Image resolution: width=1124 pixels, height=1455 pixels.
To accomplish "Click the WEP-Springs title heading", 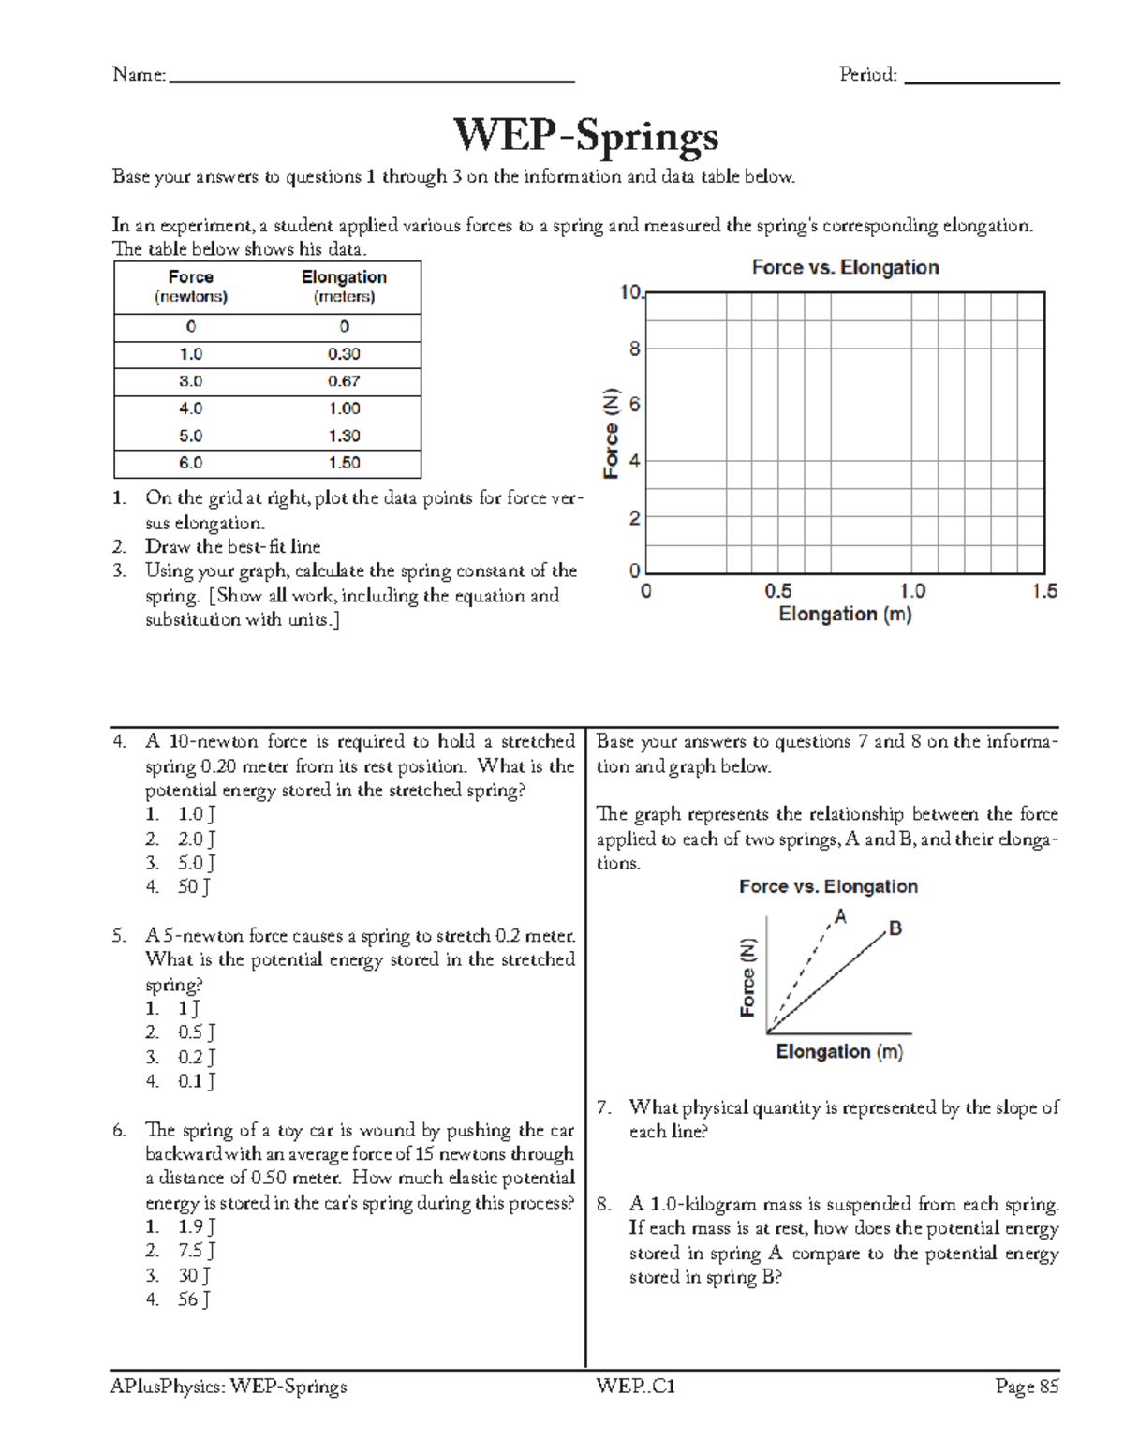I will [585, 136].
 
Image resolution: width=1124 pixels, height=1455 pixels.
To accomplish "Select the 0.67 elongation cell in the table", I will [344, 381].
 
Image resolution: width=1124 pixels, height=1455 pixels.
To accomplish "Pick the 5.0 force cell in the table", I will [191, 436].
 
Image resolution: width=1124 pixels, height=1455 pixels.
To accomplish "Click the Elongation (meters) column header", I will [344, 287].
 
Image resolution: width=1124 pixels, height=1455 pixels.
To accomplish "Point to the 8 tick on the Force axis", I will [634, 349].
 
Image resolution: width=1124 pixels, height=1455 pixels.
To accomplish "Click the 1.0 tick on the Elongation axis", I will [911, 591].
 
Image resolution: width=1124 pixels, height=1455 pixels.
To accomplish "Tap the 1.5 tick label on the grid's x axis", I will [1043, 591].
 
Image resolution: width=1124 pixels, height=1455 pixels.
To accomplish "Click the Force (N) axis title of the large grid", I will [612, 433].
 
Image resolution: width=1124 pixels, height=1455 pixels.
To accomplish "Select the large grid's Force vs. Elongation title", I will [845, 268].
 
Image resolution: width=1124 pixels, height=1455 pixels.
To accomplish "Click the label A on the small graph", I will [840, 917].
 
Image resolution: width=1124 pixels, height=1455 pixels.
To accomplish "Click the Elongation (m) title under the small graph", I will [839, 1052].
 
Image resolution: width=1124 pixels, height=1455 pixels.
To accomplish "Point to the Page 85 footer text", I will [1027, 1387].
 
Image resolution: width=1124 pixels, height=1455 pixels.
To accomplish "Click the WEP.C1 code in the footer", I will [635, 1387].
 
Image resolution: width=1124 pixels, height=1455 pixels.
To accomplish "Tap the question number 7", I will [604, 1108].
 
